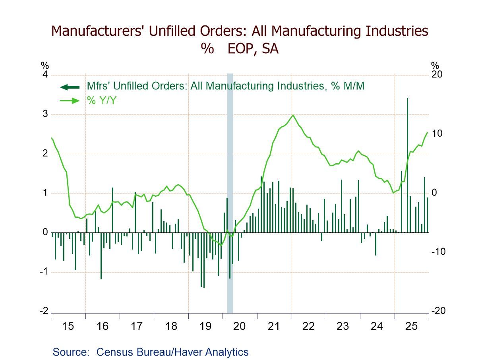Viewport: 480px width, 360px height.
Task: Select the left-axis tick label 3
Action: pos(45,114)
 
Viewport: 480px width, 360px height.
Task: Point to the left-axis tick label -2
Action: pos(43,311)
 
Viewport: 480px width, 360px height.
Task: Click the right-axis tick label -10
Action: pos(438,252)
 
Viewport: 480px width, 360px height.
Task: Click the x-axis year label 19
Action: pos(205,327)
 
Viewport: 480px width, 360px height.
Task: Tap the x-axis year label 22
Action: pos(308,327)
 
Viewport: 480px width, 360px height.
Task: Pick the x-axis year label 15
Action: pos(68,327)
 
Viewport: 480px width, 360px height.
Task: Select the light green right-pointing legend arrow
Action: pos(70,101)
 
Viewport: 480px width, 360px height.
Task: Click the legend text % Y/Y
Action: pos(101,101)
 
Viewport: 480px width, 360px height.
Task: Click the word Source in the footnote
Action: pos(71,352)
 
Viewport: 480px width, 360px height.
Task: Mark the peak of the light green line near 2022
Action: pos(293,115)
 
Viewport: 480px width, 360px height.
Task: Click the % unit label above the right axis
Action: pos(435,66)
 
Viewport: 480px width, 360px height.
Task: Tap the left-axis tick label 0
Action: pos(45,232)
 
